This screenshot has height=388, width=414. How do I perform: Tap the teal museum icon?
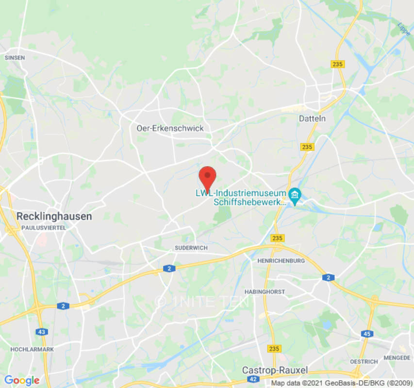[294, 196]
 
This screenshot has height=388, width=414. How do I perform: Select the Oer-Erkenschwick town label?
[170, 129]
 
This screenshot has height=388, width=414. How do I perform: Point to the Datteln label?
[312, 118]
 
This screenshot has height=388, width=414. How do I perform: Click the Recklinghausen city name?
[54, 216]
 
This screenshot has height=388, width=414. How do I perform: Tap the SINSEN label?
[15, 57]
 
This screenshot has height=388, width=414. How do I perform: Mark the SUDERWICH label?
[191, 248]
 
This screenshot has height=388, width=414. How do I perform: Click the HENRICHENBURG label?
[281, 261]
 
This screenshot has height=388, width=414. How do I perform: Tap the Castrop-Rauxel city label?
[275, 371]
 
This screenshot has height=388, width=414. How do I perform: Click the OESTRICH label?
[364, 362]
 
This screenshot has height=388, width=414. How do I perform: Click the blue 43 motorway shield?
[42, 332]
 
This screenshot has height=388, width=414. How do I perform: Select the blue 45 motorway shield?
[367, 334]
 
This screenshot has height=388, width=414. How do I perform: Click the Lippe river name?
[404, 29]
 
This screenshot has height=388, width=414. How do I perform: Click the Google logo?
[22, 380]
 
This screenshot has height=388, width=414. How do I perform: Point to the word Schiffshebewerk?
[250, 202]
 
